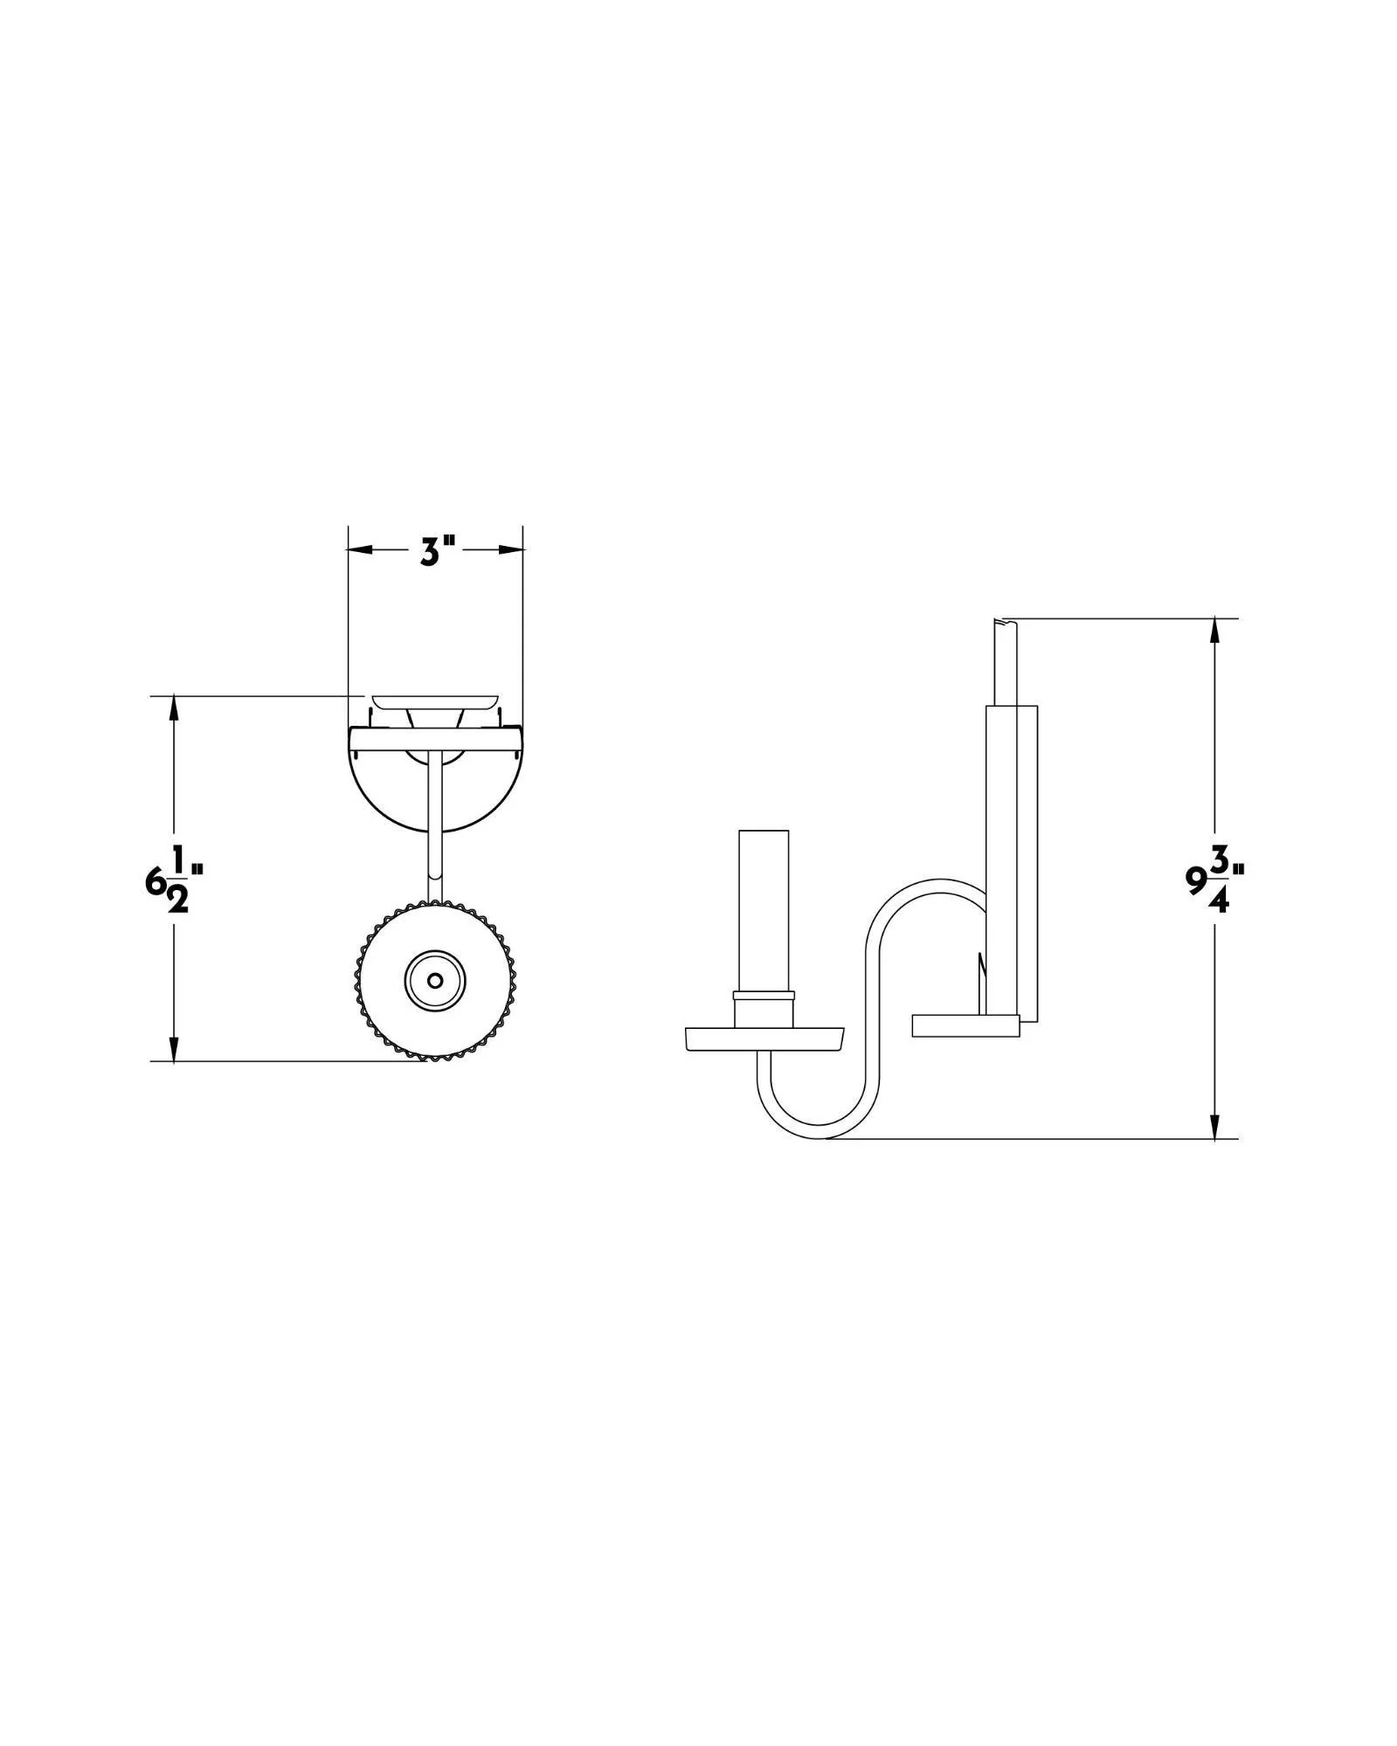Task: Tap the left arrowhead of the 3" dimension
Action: (x=361, y=550)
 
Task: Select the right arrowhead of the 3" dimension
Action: (x=510, y=550)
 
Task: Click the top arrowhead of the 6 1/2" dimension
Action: (x=175, y=708)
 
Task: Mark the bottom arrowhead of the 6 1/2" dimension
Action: (x=175, y=1048)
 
